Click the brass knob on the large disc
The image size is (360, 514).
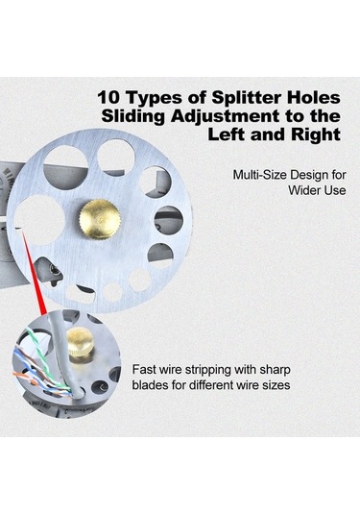pyautogui.click(x=100, y=219)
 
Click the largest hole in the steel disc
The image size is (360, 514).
pyautogui.click(x=39, y=220)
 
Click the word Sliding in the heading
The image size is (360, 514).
pyautogui.click(x=133, y=116)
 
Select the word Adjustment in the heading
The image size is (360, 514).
pyautogui.click(x=226, y=116)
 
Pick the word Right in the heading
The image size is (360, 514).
pyautogui.click(x=316, y=135)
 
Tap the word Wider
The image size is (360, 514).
pyautogui.click(x=302, y=190)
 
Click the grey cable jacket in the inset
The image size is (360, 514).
pyautogui.click(x=62, y=354)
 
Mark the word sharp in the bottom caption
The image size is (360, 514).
pyautogui.click(x=275, y=371)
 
